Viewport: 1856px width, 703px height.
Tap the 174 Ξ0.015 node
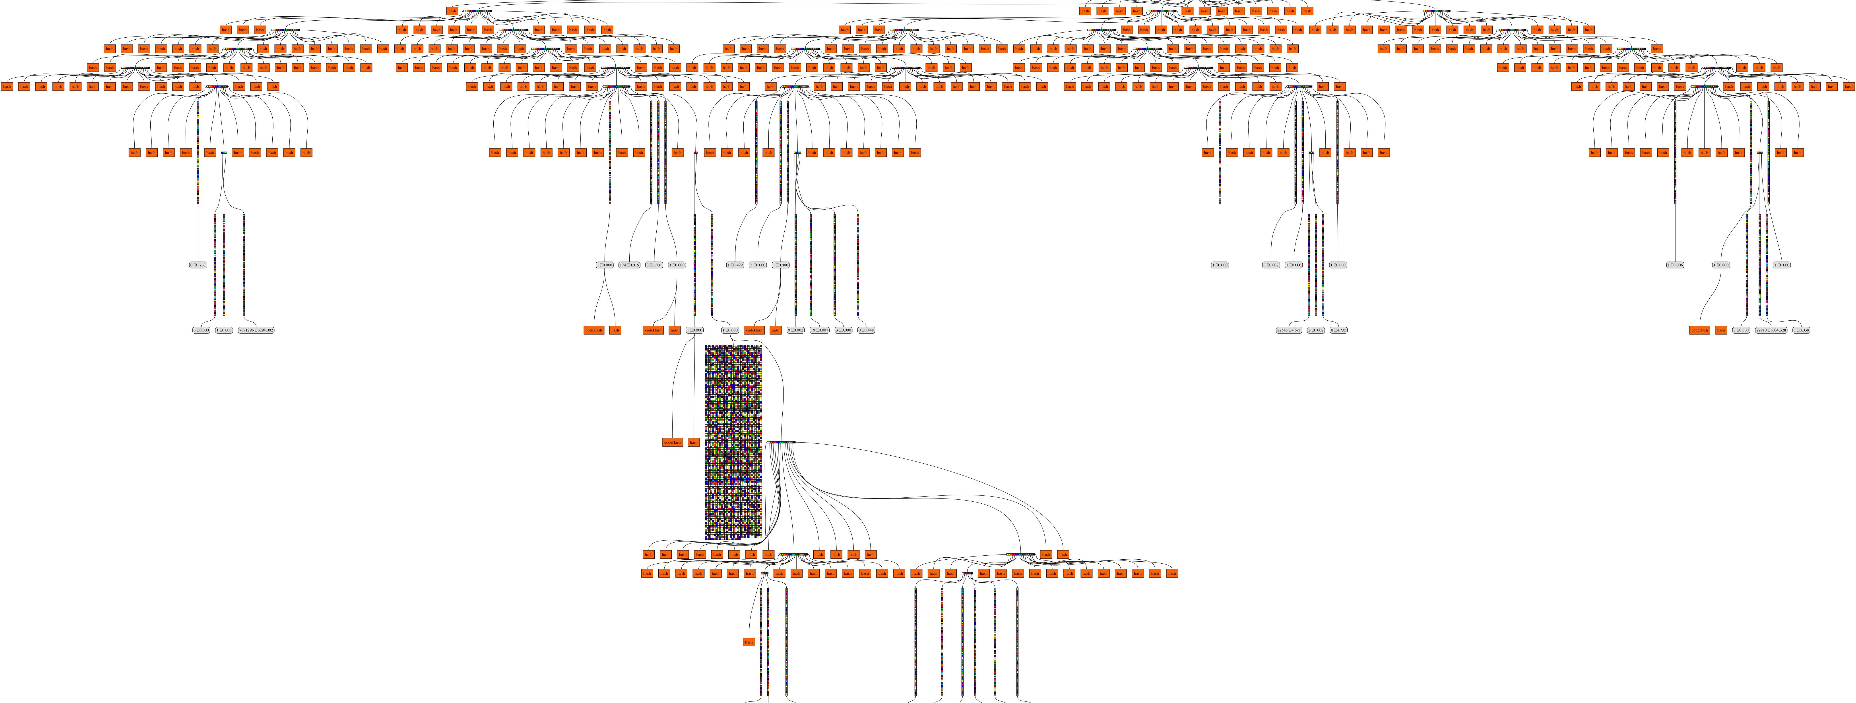pos(629,265)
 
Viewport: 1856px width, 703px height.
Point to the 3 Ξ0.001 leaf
pos(654,265)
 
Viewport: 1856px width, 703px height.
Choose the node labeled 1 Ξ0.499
pos(735,265)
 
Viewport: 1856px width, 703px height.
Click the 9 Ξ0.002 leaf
pos(795,330)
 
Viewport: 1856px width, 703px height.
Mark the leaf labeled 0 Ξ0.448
pos(866,330)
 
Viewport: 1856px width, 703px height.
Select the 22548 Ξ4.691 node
pos(1289,330)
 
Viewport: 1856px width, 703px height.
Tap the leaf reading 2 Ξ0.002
pos(1316,330)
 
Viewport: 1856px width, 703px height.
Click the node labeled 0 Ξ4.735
pos(1338,330)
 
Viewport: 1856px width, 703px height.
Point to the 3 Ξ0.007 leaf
pos(1271,265)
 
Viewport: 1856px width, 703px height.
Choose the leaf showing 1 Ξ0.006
pos(1675,265)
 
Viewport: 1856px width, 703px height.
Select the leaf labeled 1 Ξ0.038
pos(1801,330)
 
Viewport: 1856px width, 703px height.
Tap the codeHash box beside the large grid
pos(672,442)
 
